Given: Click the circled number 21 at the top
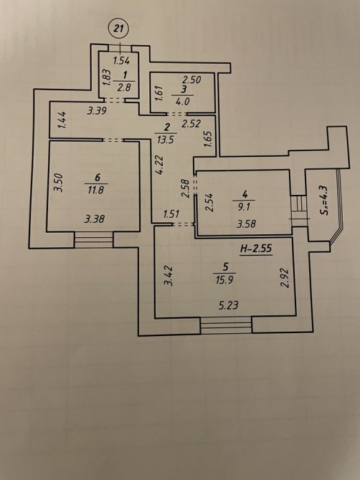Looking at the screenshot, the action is click(x=118, y=29).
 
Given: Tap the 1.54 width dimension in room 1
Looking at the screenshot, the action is click(x=121, y=61).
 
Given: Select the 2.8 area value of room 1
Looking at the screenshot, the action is click(x=124, y=87).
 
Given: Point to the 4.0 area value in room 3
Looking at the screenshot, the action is click(x=182, y=102).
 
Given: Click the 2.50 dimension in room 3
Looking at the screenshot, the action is click(x=191, y=80).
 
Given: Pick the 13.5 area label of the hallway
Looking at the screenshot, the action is click(x=166, y=140).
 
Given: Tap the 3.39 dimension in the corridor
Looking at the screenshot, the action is click(x=97, y=110).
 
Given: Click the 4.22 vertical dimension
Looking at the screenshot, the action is click(x=159, y=165).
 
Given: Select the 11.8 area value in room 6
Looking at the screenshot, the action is click(x=96, y=191).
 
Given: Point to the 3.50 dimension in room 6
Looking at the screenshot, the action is click(x=58, y=183).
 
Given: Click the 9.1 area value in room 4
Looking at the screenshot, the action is click(x=245, y=207).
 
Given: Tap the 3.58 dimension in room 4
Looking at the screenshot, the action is click(x=246, y=224).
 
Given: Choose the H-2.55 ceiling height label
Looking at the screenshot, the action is click(x=256, y=249).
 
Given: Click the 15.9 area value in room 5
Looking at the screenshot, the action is click(x=224, y=280).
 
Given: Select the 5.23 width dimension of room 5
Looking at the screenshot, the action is click(x=229, y=305).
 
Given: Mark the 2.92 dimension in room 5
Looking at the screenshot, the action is click(x=285, y=278).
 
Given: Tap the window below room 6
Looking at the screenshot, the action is click(x=94, y=240).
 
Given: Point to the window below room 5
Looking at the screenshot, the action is click(x=226, y=325).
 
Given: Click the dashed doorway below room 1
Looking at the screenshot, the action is click(x=114, y=100).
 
